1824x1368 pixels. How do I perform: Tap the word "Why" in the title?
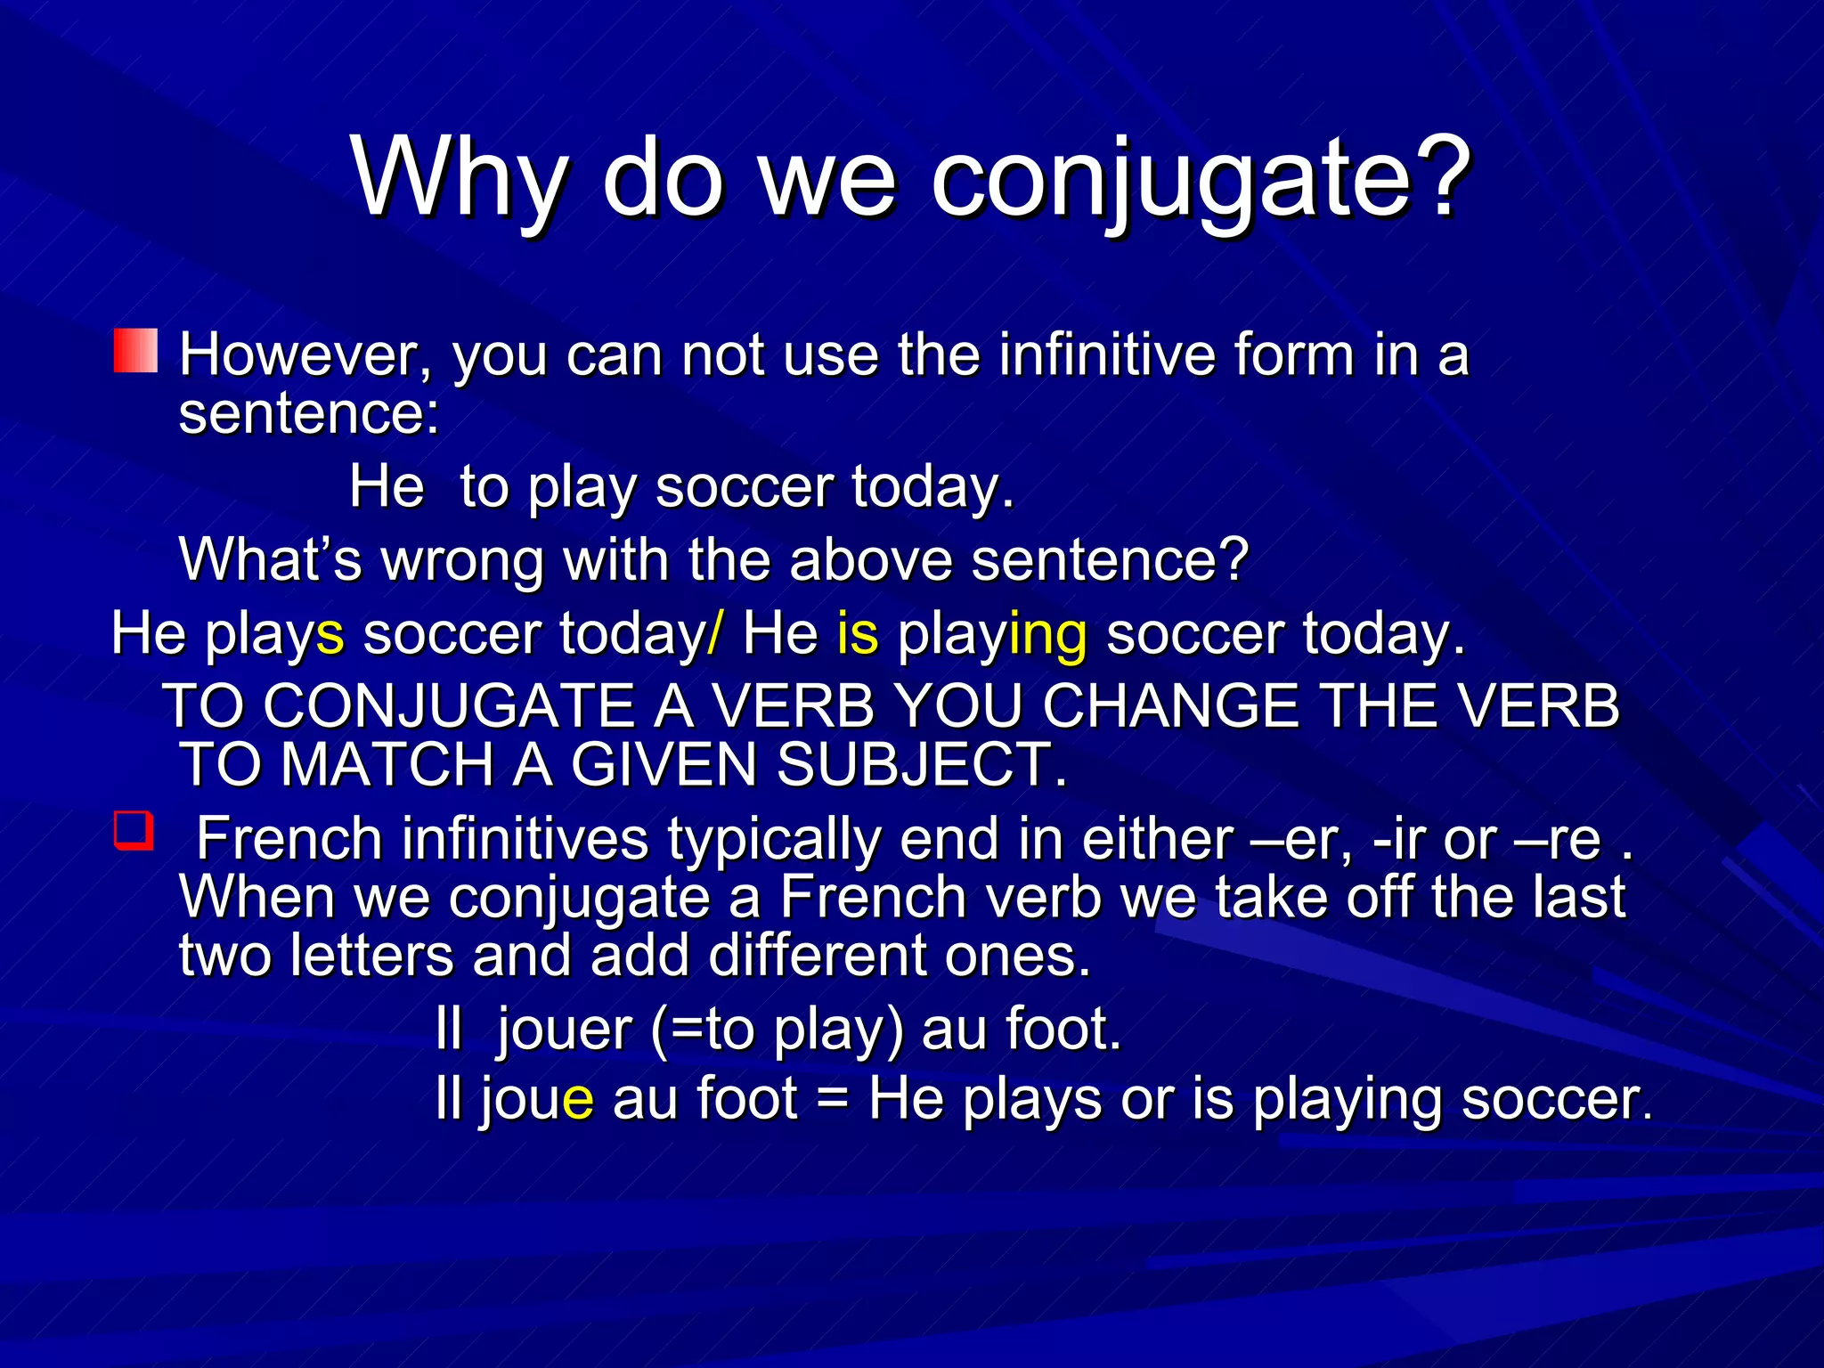pyautogui.click(x=458, y=178)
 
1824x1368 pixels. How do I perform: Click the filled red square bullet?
pyautogui.click(x=135, y=350)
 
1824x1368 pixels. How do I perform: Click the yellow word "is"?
pyautogui.click(x=858, y=634)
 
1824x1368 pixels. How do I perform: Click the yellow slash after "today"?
pyautogui.click(x=715, y=634)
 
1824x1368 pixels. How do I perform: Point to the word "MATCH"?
pyautogui.click(x=387, y=766)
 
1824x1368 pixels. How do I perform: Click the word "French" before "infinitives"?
pyautogui.click(x=289, y=839)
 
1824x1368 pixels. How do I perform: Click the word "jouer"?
pyautogui.click(x=564, y=1030)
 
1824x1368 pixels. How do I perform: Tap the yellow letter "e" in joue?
pyautogui.click(x=578, y=1100)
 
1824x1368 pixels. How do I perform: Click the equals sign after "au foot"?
pyautogui.click(x=833, y=1100)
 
